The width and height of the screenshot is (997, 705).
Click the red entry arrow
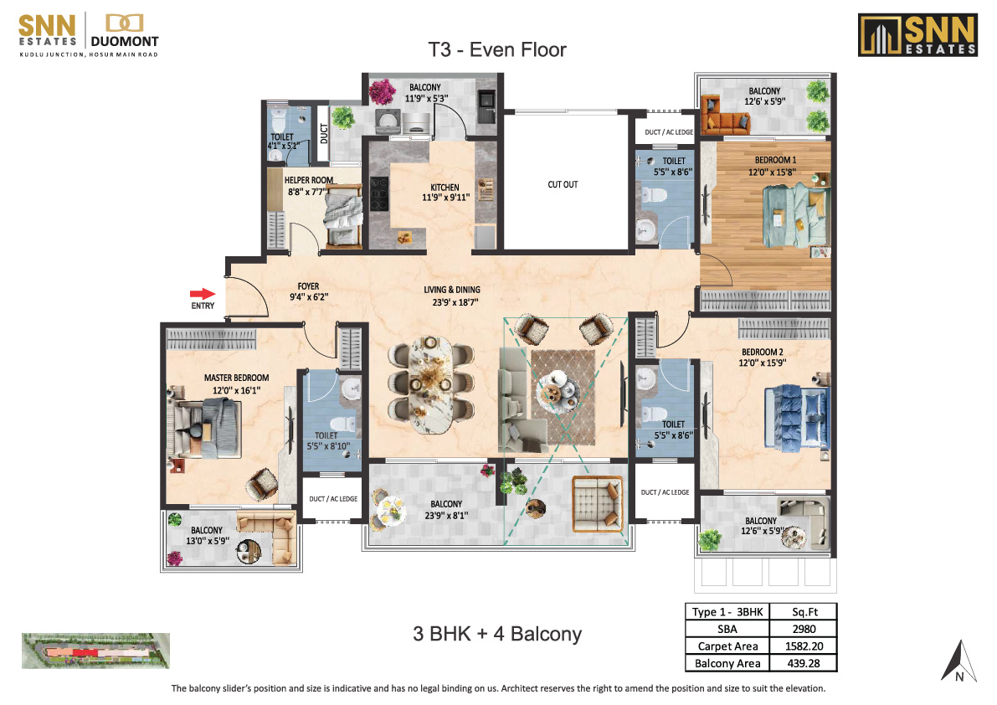coord(203,294)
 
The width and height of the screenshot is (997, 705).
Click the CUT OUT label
coord(563,184)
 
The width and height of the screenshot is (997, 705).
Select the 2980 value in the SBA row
coord(804,629)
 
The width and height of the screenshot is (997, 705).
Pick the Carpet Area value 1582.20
coord(804,646)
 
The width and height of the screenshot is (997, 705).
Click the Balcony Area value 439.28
coord(804,663)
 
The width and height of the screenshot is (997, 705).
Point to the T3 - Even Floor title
coord(496,49)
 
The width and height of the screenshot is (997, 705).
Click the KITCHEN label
coord(445,188)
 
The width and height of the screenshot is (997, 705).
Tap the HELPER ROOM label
coord(308,180)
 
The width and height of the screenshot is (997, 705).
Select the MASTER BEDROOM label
coord(237,378)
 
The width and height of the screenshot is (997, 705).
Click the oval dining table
coord(431,384)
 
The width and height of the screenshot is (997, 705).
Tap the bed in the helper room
coord(343,216)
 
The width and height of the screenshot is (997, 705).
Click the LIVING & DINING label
coord(452,290)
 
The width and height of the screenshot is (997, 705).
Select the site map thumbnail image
coord(95,651)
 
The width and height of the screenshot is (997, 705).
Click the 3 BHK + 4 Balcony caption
coord(497,634)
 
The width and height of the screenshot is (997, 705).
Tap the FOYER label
coord(308,286)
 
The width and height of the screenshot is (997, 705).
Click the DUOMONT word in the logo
coord(125,41)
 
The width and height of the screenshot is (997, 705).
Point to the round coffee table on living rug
coord(557,387)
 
